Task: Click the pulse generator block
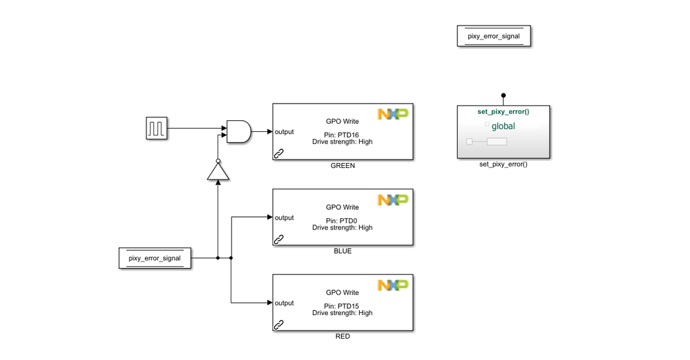click(x=156, y=129)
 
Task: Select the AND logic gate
click(x=238, y=131)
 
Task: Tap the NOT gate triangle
click(x=218, y=170)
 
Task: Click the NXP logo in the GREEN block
click(x=392, y=114)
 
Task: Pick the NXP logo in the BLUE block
click(x=392, y=200)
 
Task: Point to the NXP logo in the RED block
click(x=392, y=285)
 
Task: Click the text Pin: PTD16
click(x=342, y=135)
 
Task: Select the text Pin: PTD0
click(x=342, y=220)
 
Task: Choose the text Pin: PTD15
click(x=342, y=305)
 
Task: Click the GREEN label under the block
click(x=342, y=166)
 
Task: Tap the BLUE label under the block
click(x=342, y=251)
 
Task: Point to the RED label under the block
click(x=342, y=337)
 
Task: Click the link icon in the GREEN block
click(x=279, y=154)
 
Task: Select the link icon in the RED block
click(x=279, y=325)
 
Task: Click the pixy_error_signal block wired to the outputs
click(x=155, y=258)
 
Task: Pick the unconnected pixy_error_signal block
click(x=493, y=36)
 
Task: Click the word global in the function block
click(x=504, y=126)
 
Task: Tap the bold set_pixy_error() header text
click(x=504, y=111)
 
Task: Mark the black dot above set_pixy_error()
click(x=504, y=95)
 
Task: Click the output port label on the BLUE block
click(x=285, y=218)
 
